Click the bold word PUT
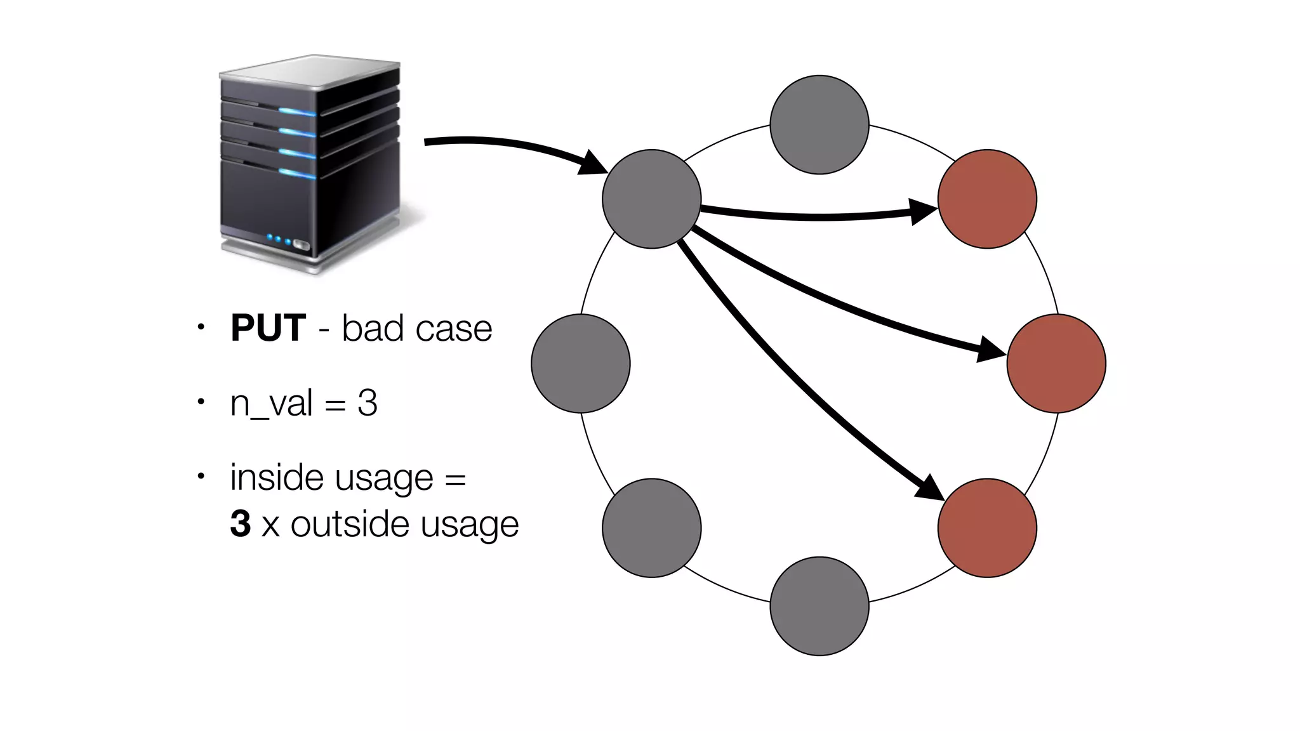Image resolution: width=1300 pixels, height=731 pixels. [x=268, y=329]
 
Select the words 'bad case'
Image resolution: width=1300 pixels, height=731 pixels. [x=416, y=329]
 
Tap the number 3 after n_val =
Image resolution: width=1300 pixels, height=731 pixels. [x=368, y=403]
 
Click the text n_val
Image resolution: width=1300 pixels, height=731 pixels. [x=271, y=404]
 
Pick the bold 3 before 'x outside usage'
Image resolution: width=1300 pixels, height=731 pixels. [x=241, y=524]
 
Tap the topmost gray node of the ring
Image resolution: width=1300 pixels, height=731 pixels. [x=819, y=125]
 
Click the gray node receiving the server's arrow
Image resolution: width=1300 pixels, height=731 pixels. [x=651, y=199]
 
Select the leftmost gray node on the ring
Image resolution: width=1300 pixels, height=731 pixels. [x=580, y=364]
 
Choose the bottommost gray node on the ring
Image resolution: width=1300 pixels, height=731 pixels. [x=819, y=606]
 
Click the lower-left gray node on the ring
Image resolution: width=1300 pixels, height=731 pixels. [x=651, y=528]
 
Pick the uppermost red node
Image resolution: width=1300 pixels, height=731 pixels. [x=987, y=199]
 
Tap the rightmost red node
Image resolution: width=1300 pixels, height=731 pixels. [x=1056, y=364]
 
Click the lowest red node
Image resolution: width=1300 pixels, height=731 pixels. [x=987, y=528]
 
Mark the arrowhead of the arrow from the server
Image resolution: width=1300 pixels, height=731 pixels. [x=594, y=164]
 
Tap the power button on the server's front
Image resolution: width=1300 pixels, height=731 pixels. [x=302, y=246]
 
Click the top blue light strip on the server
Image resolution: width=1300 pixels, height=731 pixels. [x=297, y=112]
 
